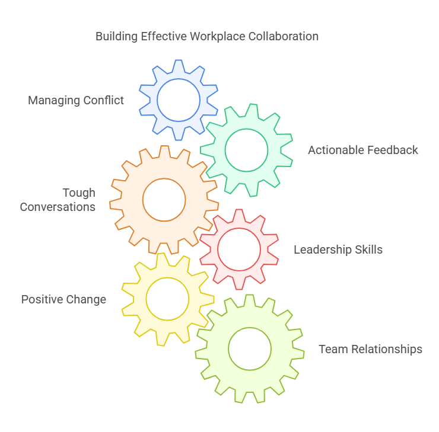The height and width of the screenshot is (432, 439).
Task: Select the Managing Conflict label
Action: tap(76, 101)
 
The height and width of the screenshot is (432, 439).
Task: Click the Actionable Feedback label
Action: tap(363, 151)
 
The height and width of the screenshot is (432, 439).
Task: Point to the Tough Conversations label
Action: tap(58, 200)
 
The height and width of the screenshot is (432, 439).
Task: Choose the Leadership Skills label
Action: tap(338, 249)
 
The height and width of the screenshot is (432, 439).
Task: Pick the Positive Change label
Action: tap(63, 300)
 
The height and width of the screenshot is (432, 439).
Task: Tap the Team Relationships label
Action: tap(371, 350)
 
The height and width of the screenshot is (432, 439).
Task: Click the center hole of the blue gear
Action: tap(179, 100)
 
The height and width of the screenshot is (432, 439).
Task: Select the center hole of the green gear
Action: tap(246, 151)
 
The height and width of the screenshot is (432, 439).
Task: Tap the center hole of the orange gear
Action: tap(164, 200)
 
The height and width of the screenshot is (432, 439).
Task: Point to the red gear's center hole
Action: tap(239, 249)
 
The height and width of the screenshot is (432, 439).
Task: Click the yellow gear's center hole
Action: tap(167, 299)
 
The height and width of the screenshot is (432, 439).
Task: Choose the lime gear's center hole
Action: tap(250, 349)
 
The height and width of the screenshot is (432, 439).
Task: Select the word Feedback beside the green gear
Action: tap(393, 151)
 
